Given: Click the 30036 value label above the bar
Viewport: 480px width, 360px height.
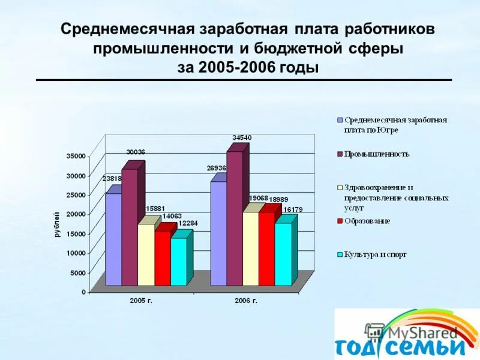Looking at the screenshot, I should [x=136, y=152].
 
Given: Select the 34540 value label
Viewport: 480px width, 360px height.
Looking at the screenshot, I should [x=242, y=138].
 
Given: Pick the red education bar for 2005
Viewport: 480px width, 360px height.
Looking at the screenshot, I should [x=162, y=258].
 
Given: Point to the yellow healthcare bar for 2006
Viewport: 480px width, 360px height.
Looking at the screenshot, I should [x=251, y=248].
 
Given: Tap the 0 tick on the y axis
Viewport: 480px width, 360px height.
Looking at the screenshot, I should [x=83, y=292].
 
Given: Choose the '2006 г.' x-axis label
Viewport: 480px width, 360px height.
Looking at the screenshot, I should [x=246, y=300].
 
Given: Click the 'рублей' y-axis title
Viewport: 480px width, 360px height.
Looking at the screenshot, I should [x=58, y=224].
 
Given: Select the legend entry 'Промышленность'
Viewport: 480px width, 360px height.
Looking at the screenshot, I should [x=376, y=154].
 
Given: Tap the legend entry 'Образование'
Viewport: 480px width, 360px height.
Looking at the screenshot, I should [x=367, y=221].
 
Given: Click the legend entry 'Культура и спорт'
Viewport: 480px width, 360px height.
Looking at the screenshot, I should [x=375, y=255].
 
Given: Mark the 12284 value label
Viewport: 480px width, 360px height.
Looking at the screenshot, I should [x=187, y=224].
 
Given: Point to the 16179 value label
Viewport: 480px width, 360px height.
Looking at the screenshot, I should [x=293, y=209].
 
